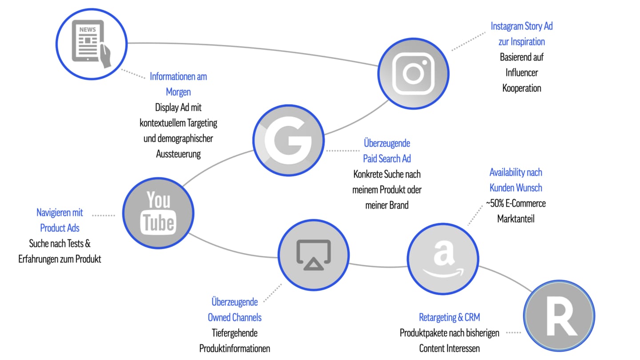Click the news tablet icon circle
pyautogui.click(x=92, y=44)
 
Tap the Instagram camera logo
pyautogui.click(x=413, y=73)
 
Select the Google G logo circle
pyautogui.click(x=288, y=140)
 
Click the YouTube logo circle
pyautogui.click(x=158, y=213)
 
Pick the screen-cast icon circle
pyautogui.click(x=313, y=255)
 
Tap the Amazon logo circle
pyautogui.click(x=443, y=259)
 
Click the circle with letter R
pyautogui.click(x=559, y=316)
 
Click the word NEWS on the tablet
pyautogui.click(x=88, y=29)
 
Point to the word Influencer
pyautogui.click(x=522, y=72)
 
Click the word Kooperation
pyautogui.click(x=522, y=88)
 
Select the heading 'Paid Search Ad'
pyautogui.click(x=387, y=159)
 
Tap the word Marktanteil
pyautogui.click(x=516, y=219)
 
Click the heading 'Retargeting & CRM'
pyautogui.click(x=449, y=317)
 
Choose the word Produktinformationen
pyautogui.click(x=235, y=348)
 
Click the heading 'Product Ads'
pyautogui.click(x=60, y=228)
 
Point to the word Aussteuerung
pyautogui.click(x=178, y=154)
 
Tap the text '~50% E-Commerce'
pyautogui.click(x=516, y=204)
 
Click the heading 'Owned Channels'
pyautogui.click(x=235, y=317)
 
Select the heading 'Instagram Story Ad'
pyautogui.click(x=522, y=26)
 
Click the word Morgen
pyautogui.click(x=178, y=92)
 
